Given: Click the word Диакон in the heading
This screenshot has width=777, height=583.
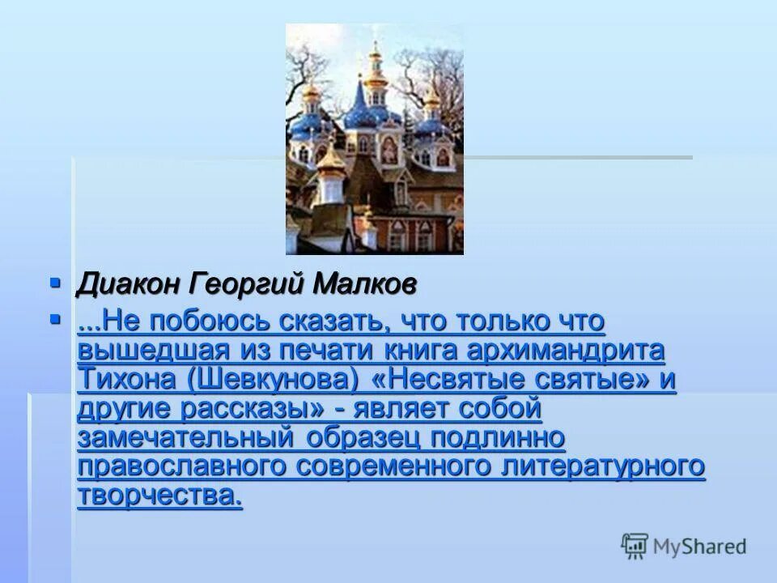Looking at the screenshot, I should click(x=129, y=285).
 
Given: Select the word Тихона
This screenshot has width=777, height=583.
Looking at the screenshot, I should click(x=118, y=380).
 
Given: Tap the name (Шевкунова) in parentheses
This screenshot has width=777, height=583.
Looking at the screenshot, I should click(x=262, y=380).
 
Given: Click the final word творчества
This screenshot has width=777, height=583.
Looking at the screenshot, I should click(x=159, y=496).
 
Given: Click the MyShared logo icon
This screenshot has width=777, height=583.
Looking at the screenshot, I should click(x=635, y=546).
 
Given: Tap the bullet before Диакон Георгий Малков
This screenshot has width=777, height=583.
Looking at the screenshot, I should click(x=56, y=283).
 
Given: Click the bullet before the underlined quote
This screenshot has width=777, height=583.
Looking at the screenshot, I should click(x=56, y=320).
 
